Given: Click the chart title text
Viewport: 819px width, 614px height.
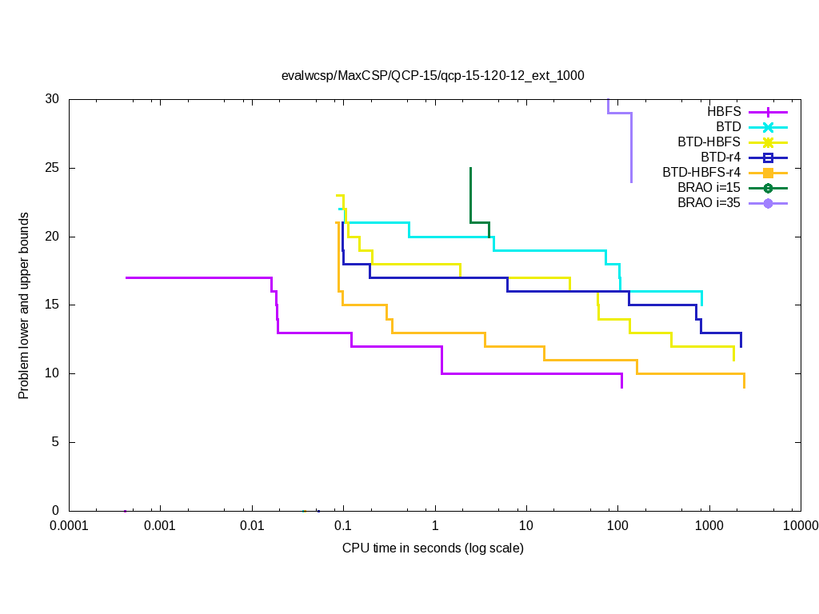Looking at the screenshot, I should (x=433, y=76).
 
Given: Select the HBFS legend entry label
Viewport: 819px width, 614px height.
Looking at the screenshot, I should (x=724, y=112).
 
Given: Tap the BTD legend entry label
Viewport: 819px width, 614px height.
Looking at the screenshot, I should (x=728, y=127).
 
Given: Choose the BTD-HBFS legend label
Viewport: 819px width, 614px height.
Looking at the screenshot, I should (x=709, y=142).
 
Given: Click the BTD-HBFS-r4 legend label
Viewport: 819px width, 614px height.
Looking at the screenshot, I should (x=701, y=173).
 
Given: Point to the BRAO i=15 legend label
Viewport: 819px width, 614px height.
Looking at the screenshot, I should (x=709, y=188).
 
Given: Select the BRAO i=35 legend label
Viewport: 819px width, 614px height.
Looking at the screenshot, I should (x=709, y=203).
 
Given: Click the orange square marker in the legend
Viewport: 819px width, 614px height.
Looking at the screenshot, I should (x=768, y=173).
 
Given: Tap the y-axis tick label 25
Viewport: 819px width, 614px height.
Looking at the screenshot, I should (x=53, y=168).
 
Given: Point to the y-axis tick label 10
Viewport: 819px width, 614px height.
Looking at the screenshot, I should (x=53, y=373).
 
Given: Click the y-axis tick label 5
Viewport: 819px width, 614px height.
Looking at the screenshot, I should (x=56, y=442).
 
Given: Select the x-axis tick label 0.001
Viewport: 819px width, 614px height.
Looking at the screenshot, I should (x=160, y=525).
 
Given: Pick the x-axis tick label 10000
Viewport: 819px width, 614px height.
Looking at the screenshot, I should (x=800, y=525).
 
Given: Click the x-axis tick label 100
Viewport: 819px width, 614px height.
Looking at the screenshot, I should (x=617, y=525).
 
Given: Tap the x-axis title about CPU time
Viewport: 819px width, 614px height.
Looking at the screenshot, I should (x=433, y=548).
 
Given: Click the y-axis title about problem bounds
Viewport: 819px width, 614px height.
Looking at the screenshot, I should (x=24, y=305).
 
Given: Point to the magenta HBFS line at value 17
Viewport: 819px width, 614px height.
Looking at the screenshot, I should (x=200, y=277).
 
